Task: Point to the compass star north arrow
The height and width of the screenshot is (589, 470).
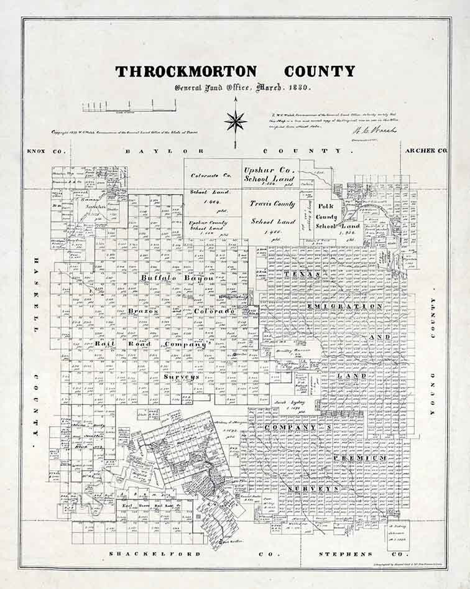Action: click(235, 120)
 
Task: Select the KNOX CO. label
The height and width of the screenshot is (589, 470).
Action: click(39, 151)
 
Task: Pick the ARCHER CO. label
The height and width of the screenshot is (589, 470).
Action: click(425, 151)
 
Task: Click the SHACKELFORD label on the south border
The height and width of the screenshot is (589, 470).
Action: click(155, 554)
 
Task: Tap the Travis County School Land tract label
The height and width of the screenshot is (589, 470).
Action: click(272, 212)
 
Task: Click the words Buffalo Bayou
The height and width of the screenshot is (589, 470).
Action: click(177, 278)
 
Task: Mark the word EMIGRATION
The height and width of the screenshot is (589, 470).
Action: click(352, 306)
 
